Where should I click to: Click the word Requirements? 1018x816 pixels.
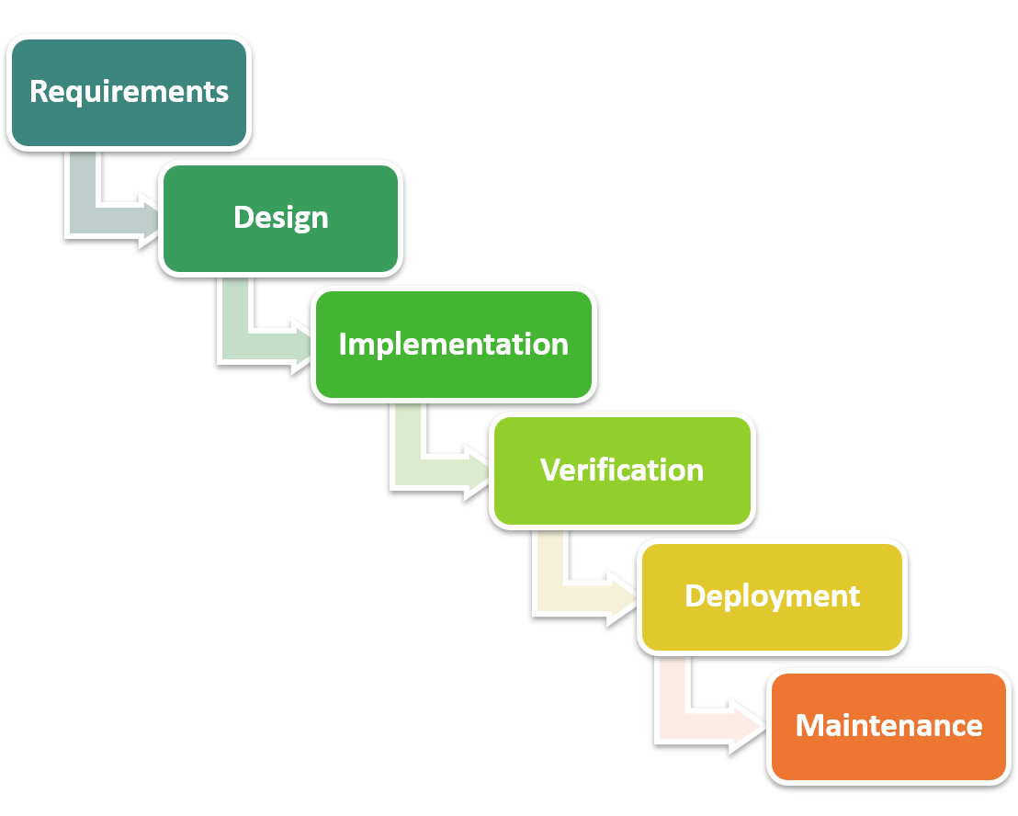click(129, 92)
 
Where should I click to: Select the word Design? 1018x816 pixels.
click(280, 218)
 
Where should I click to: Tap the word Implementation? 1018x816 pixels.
click(453, 344)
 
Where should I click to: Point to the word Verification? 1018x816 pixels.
click(622, 470)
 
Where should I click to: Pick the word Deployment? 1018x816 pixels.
click(772, 595)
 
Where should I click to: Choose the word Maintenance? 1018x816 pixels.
click(888, 725)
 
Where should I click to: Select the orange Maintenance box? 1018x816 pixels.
click(888, 758)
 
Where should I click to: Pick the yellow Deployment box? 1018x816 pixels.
click(772, 629)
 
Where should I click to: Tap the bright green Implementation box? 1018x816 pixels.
click(453, 377)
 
